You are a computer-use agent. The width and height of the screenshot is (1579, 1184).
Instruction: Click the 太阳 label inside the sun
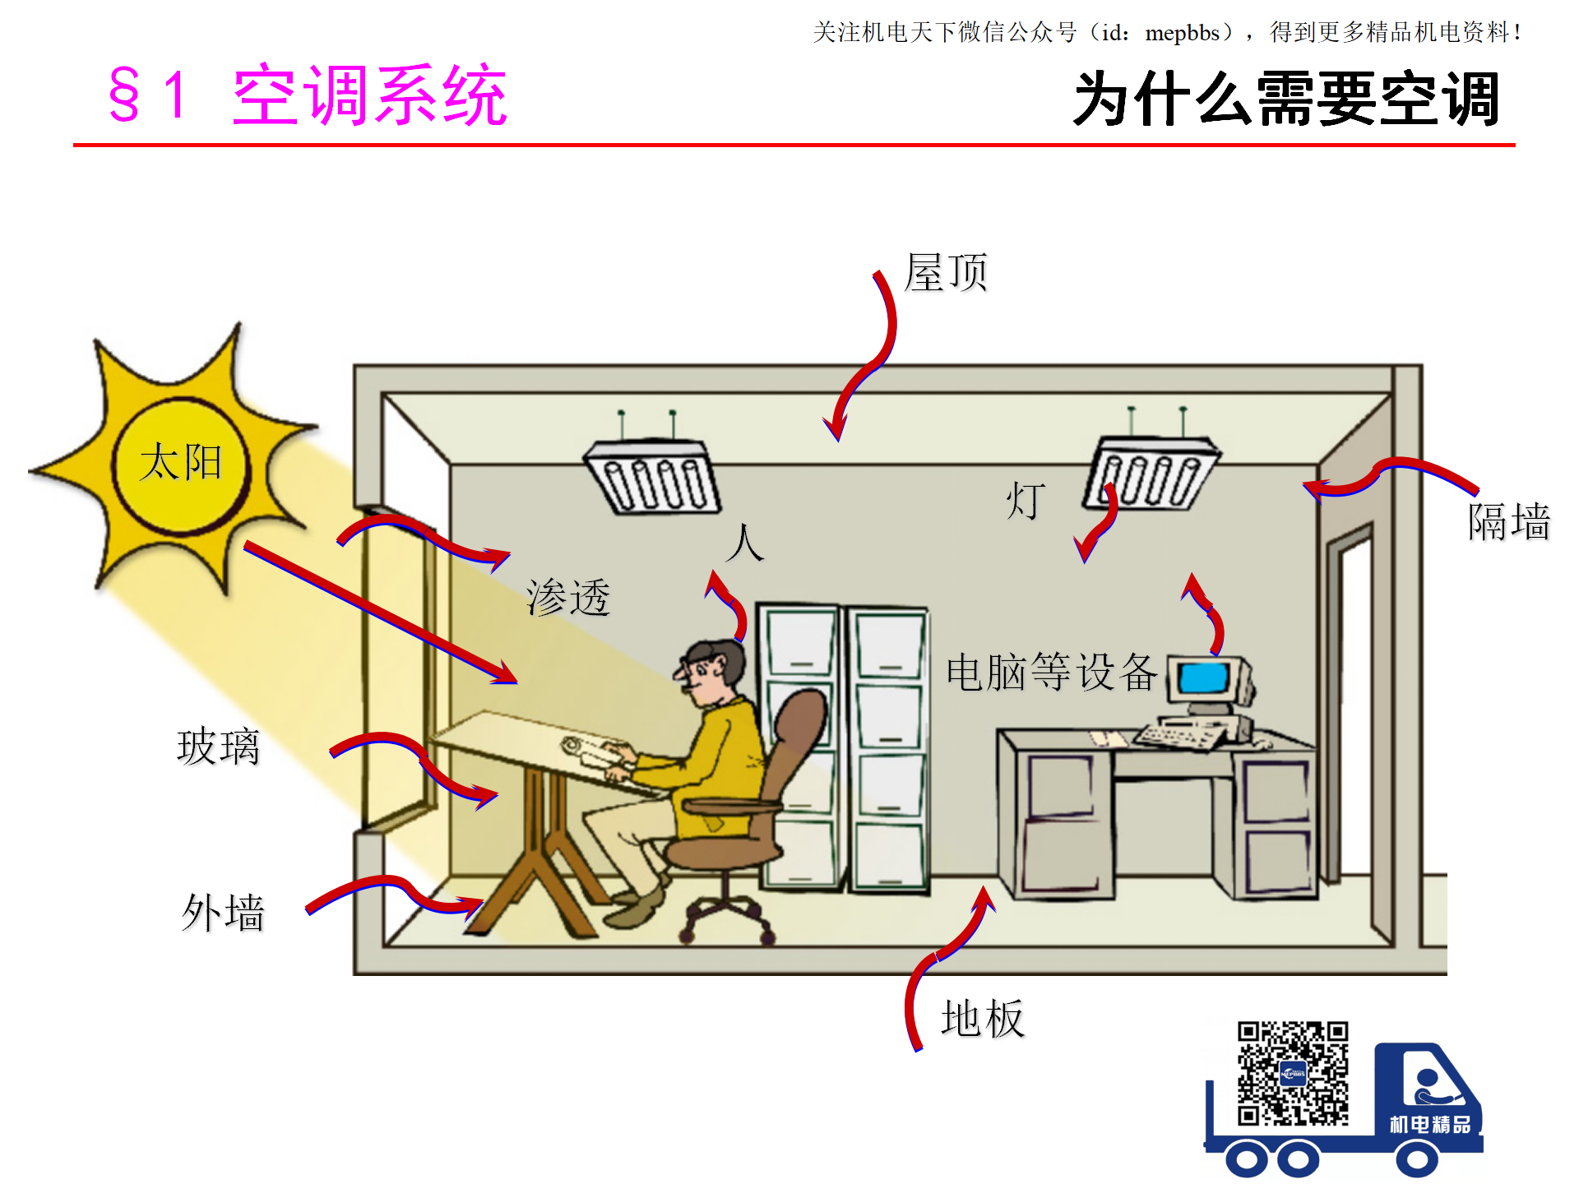tap(181, 462)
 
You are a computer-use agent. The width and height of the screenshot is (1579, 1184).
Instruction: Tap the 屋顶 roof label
tap(946, 272)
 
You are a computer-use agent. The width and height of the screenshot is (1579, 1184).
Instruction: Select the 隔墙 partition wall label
tap(1509, 521)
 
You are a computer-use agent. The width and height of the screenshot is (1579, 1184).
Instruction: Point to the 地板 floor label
tap(983, 1019)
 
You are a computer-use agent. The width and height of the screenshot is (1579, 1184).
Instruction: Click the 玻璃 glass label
tap(218, 747)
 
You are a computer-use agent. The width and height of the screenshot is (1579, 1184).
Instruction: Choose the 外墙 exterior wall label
tap(223, 913)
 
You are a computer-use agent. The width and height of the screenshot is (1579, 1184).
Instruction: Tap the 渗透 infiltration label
tap(568, 597)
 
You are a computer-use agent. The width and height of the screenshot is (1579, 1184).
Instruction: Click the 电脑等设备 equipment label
tap(1052, 672)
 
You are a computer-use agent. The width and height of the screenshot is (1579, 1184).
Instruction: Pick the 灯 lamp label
tap(1026, 501)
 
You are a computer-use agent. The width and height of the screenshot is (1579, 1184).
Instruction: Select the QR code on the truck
tap(1293, 1074)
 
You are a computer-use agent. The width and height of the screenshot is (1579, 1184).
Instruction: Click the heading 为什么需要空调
tap(1287, 99)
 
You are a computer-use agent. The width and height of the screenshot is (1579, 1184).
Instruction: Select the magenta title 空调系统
tap(370, 96)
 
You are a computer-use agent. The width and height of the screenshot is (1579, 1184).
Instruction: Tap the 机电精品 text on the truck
tap(1430, 1124)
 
